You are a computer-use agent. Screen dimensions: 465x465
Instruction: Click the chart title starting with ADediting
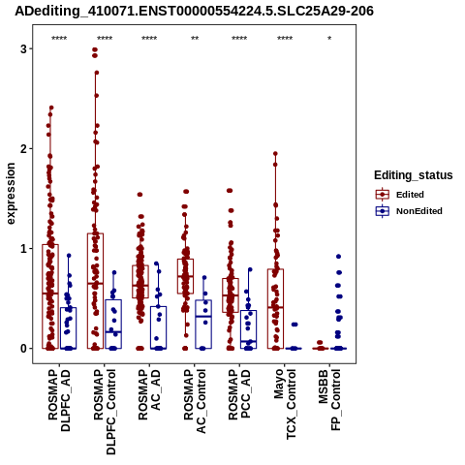click(x=194, y=11)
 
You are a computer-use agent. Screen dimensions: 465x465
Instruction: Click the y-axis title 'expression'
click(x=11, y=194)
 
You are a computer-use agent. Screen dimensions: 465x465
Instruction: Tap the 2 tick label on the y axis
click(x=23, y=149)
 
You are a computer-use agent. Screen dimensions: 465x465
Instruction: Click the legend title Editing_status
click(x=414, y=175)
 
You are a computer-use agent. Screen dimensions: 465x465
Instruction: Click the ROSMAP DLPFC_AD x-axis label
click(x=59, y=400)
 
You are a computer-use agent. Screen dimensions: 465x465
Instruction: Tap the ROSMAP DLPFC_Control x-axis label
click(x=105, y=412)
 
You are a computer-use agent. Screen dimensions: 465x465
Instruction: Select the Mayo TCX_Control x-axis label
click(x=285, y=404)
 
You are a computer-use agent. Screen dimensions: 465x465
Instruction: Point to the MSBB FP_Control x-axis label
click(x=329, y=400)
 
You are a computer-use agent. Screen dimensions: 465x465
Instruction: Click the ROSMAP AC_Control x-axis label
click(x=195, y=401)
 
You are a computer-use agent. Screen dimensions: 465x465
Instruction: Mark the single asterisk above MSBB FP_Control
click(x=329, y=39)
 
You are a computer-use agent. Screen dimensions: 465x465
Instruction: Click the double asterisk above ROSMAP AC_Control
click(x=195, y=39)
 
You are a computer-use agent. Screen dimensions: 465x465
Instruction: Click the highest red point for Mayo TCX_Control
click(x=275, y=154)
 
